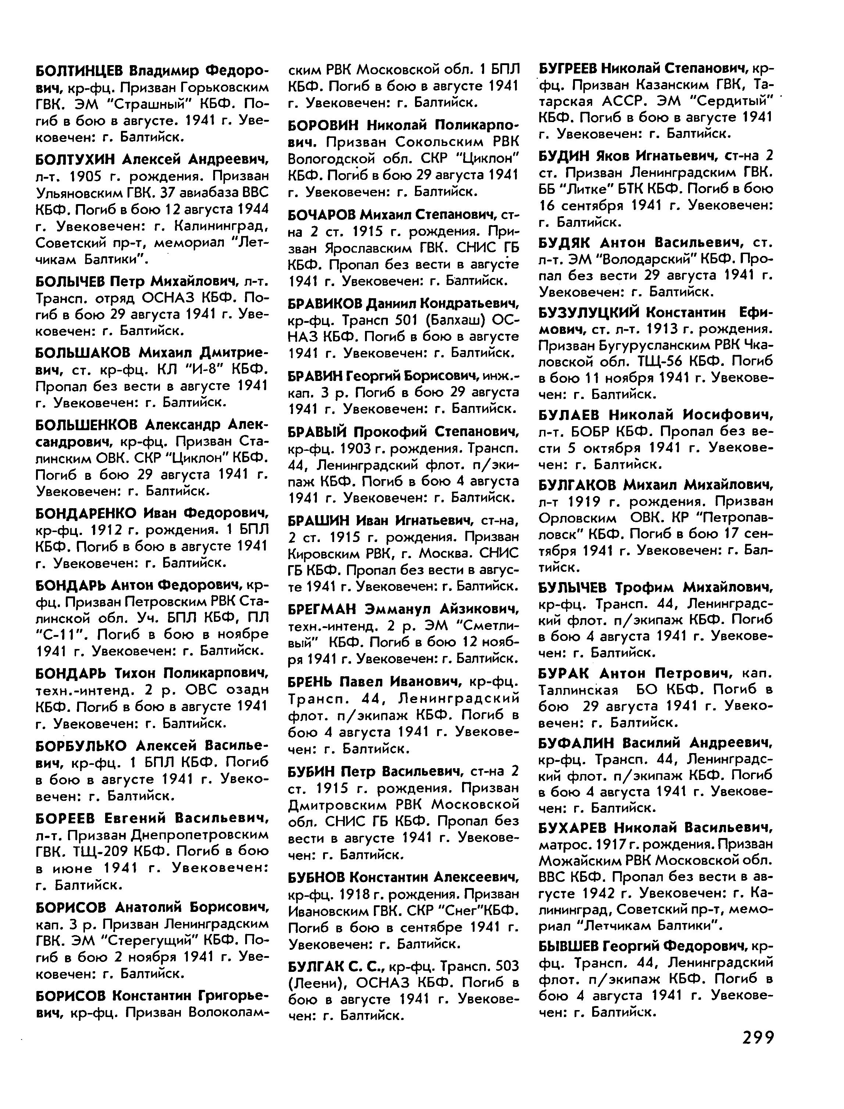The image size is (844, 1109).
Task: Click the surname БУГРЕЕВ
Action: [567, 67]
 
